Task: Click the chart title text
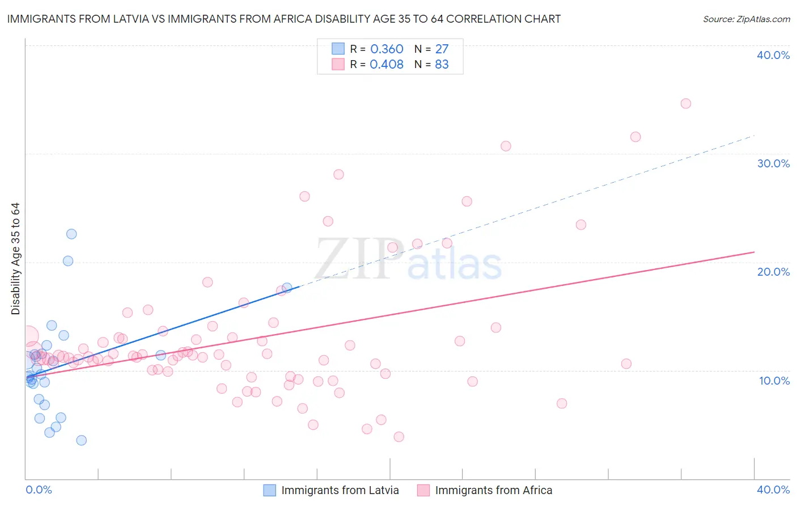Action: tap(284, 19)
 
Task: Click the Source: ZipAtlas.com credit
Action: tap(746, 19)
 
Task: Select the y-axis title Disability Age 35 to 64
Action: tap(15, 259)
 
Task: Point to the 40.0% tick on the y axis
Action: tap(773, 55)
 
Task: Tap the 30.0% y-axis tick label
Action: tap(773, 163)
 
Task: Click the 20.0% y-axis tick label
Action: tap(773, 272)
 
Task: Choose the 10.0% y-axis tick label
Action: tap(773, 381)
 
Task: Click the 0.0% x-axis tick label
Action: tap(39, 490)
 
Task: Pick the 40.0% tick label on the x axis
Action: tap(773, 490)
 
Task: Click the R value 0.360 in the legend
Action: tap(387, 49)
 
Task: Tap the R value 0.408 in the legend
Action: tap(387, 65)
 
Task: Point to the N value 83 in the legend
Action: tap(442, 65)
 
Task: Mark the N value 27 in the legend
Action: tap(442, 49)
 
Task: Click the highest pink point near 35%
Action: tap(685, 103)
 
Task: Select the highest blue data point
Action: tap(71, 234)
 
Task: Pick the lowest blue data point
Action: tap(82, 440)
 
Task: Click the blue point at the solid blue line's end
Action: tap(287, 288)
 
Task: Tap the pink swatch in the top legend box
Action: tap(338, 64)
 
